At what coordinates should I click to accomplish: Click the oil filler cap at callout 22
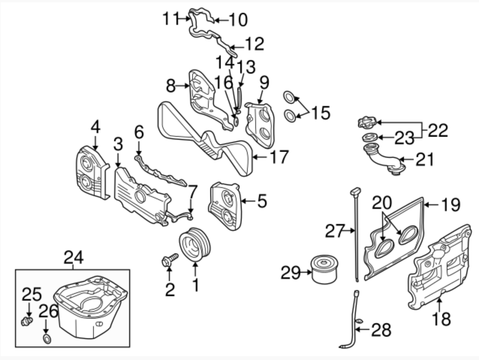point(366,123)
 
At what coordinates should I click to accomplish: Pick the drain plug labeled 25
point(26,321)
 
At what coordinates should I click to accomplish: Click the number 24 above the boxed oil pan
point(74,258)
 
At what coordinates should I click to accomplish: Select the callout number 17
point(279,157)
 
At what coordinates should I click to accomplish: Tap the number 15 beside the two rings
point(321,113)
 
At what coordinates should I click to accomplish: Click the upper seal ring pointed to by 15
point(289,97)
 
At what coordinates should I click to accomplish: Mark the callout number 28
point(381,330)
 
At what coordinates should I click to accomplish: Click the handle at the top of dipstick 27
point(354,193)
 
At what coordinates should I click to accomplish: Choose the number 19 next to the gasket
point(450,205)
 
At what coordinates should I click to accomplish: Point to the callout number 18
point(441,319)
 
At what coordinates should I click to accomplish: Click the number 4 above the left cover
point(95,127)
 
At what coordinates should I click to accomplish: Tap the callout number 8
point(171,86)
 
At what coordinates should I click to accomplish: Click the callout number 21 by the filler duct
point(424,159)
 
